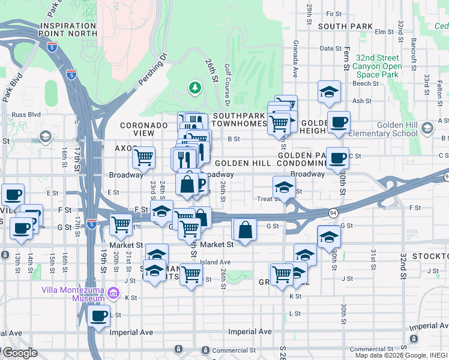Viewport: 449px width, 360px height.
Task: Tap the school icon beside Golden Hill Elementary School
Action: (x=427, y=128)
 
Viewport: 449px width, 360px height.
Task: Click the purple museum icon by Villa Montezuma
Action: (x=113, y=294)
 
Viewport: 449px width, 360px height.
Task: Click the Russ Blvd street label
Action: (x=25, y=113)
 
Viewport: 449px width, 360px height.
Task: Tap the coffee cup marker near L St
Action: (x=98, y=316)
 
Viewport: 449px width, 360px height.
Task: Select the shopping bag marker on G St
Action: (x=245, y=229)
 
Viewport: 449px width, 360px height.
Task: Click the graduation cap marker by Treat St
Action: (x=284, y=187)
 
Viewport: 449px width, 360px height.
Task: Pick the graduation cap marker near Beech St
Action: (x=329, y=92)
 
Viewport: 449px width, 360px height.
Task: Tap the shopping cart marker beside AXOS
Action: (x=143, y=158)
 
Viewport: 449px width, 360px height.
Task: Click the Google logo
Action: (x=20, y=352)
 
